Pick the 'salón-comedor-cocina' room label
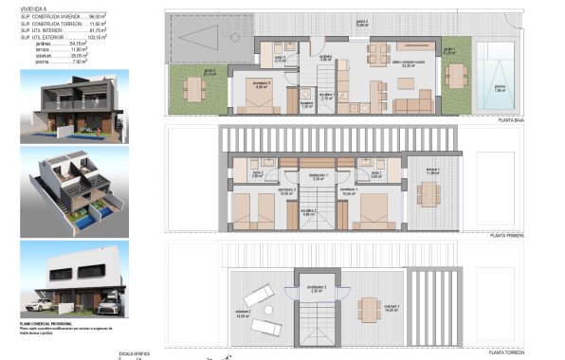pyautogui.click(x=407, y=65)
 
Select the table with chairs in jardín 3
pyautogui.click(x=194, y=88)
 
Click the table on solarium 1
pyautogui.click(x=367, y=309)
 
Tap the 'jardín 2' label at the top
pyautogui.click(x=360, y=22)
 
